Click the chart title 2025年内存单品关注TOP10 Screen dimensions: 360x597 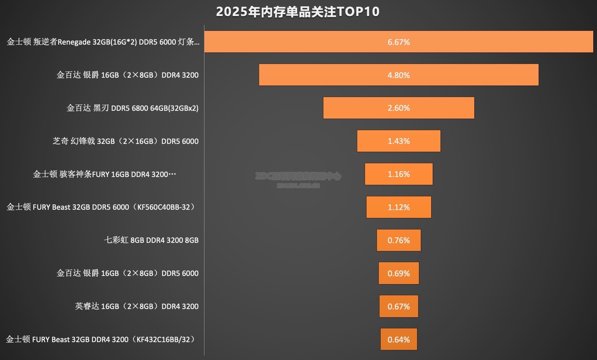pyautogui.click(x=298, y=12)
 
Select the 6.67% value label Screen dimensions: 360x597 pyautogui.click(x=398, y=42)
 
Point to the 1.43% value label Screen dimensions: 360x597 pyautogui.click(x=398, y=141)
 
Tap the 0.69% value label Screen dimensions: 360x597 pyautogui.click(x=398, y=273)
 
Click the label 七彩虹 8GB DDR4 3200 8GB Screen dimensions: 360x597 pyautogui.click(x=151, y=240)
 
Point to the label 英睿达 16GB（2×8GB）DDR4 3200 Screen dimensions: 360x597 pyautogui.click(x=137, y=306)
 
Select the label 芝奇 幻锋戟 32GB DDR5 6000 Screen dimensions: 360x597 pyautogui.click(x=126, y=141)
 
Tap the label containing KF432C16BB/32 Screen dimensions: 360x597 pyautogui.click(x=100, y=339)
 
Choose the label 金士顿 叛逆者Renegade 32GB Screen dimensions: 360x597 pyautogui.click(x=103, y=42)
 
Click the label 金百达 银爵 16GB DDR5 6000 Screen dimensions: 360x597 pyautogui.click(x=128, y=273)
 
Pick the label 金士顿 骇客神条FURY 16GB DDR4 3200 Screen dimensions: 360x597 pyautogui.click(x=104, y=174)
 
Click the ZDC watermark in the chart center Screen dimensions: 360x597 pyautogui.click(x=298, y=179)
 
